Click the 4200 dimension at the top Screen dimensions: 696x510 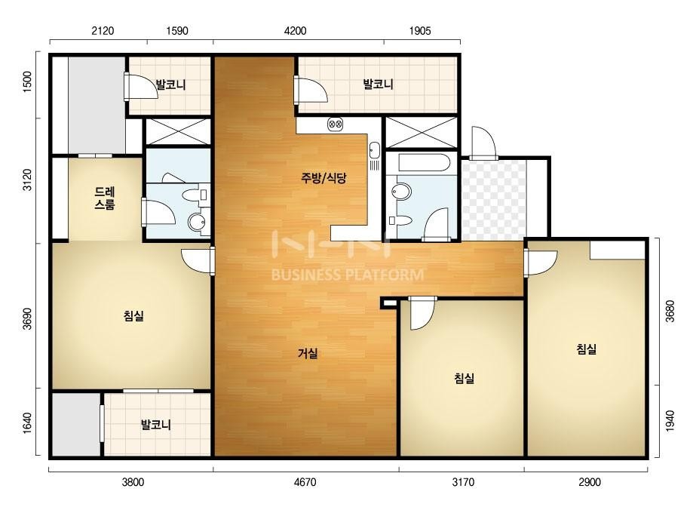click(295, 31)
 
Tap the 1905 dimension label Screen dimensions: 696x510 click(420, 31)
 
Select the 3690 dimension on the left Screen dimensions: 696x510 click(27, 318)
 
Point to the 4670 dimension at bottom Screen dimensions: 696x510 click(305, 482)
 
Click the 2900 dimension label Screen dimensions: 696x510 click(590, 482)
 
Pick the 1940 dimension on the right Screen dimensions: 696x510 click(670, 420)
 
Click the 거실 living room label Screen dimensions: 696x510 click(308, 354)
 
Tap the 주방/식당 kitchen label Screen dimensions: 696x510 click(323, 178)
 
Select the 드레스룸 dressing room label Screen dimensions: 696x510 click(105, 198)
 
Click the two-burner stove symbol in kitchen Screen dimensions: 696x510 click(335, 124)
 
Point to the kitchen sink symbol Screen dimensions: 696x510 click(374, 150)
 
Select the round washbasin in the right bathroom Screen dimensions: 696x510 click(401, 191)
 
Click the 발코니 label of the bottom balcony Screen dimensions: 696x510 click(156, 424)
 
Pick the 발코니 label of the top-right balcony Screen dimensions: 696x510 click(379, 84)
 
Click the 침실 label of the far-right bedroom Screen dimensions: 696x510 click(587, 349)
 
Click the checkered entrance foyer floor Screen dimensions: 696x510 click(493, 200)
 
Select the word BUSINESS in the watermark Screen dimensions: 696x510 click(306, 275)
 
